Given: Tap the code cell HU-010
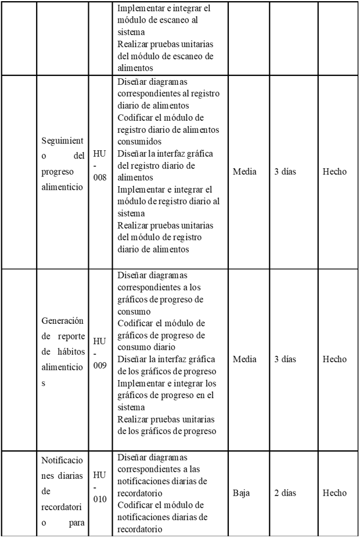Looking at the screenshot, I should click(x=99, y=493).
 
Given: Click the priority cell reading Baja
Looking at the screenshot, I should click(x=241, y=493).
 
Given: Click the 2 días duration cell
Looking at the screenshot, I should click(x=285, y=493).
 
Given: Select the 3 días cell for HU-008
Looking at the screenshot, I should click(x=285, y=172).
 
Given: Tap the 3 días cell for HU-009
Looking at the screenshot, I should click(x=285, y=359).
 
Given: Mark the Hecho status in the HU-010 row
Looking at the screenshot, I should click(x=334, y=493).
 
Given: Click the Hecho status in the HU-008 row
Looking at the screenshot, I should click(x=334, y=172).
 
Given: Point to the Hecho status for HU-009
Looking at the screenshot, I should click(x=334, y=359).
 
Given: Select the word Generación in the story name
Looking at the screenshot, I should click(x=63, y=320).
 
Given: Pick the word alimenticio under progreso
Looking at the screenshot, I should click(x=62, y=188).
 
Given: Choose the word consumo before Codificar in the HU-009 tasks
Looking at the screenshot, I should click(x=134, y=311).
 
